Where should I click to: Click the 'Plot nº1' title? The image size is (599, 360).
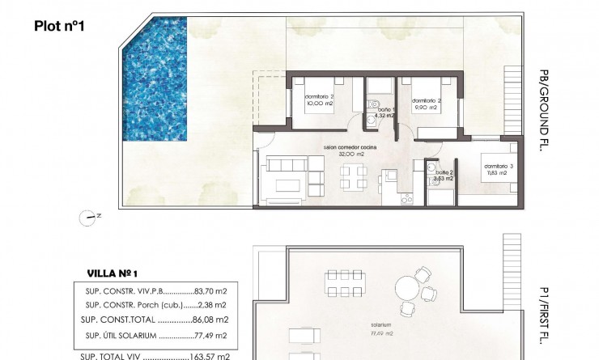click(60, 26)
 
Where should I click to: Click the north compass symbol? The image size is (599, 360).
click(90, 215)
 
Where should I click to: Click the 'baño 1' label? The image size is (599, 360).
click(386, 108)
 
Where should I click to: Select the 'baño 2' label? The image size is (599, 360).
click(443, 173)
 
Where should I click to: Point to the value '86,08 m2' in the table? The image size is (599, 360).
click(215, 319)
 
